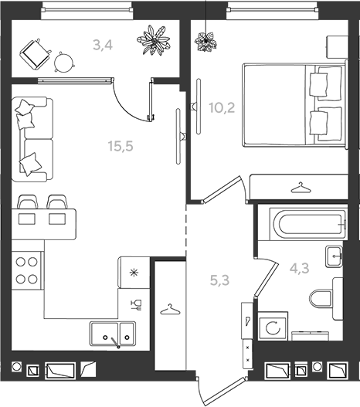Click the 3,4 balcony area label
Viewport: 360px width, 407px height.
point(103,45)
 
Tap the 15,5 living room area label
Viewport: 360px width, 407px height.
point(121,146)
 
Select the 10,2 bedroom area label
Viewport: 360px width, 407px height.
point(222,107)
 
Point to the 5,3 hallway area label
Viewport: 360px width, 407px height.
point(219,280)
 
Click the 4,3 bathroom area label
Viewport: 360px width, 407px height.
point(300,269)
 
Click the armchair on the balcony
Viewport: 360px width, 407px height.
point(35,53)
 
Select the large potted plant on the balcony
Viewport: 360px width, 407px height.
point(154,40)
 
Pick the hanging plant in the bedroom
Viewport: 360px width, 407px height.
point(205,41)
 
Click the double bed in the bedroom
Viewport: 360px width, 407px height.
point(295,104)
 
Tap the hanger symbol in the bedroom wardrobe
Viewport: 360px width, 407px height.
point(301,188)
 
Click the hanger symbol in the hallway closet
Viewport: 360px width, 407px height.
point(170,309)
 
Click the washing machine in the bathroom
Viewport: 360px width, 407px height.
point(273,326)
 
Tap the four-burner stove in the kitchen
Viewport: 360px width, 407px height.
point(27,270)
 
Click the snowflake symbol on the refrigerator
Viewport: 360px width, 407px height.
point(134,273)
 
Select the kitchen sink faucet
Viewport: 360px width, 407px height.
point(115,342)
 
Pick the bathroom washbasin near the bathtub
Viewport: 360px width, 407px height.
point(335,256)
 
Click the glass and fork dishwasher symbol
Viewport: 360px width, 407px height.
point(137,305)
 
